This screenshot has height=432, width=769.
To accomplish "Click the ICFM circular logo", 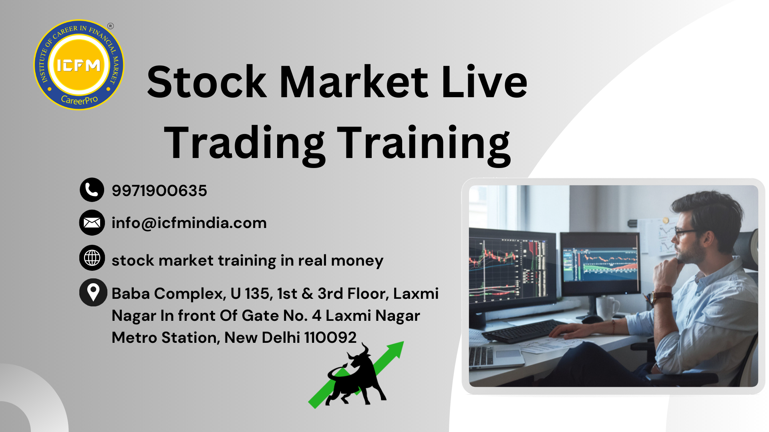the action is coord(79,65).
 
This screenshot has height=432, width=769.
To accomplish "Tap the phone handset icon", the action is coord(92,190).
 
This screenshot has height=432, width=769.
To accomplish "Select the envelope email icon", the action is coord(92,222).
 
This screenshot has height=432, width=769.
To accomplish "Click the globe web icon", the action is coord(92,258).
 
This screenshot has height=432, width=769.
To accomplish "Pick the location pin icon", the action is coord(93,292).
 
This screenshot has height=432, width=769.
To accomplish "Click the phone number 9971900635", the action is coord(159,191).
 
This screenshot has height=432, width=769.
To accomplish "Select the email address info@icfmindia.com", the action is coord(189,223).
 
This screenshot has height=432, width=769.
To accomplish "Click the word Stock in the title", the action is coord(207,82).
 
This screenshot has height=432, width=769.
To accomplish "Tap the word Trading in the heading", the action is coord(245,143).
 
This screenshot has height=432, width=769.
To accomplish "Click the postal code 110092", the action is coord(330,338).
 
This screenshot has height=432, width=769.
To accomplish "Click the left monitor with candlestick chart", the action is coord(512,268).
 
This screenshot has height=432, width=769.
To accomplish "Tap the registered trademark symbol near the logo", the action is coord(111,26).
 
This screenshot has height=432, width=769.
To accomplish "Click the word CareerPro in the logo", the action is coord(79,100).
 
